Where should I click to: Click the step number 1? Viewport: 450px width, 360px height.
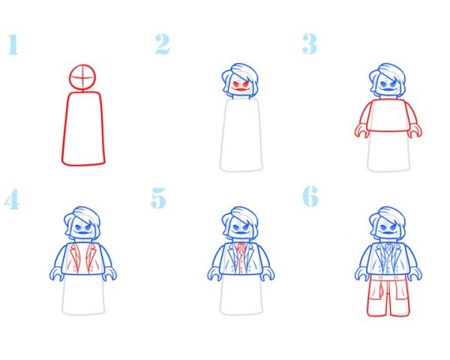tap(12, 44)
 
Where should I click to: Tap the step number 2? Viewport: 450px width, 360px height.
tap(162, 44)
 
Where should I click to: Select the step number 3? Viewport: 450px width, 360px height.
tap(309, 44)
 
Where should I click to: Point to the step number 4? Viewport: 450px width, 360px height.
tap(11, 199)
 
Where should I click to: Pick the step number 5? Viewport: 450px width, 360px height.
tap(159, 199)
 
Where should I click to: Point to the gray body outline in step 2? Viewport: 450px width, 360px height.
tap(241, 135)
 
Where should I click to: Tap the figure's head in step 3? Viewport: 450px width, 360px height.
tap(388, 81)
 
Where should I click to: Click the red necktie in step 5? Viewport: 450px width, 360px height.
tap(241, 255)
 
